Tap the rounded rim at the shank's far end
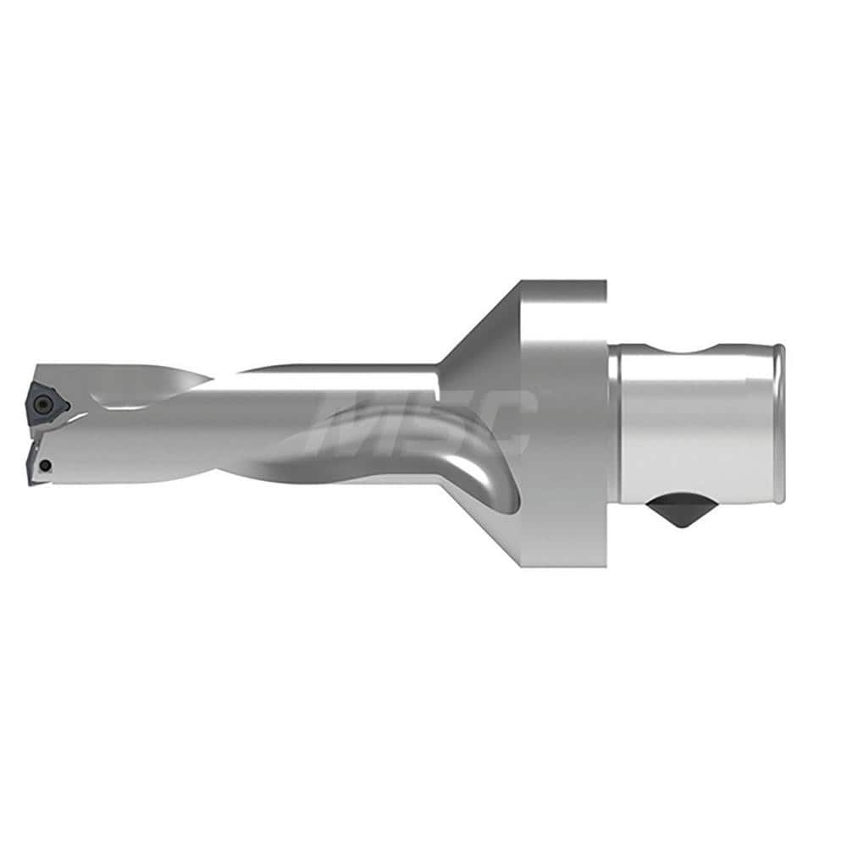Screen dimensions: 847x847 point(779,423)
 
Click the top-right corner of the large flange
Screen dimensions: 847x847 point(604,283)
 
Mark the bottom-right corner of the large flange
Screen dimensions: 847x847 point(606,565)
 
